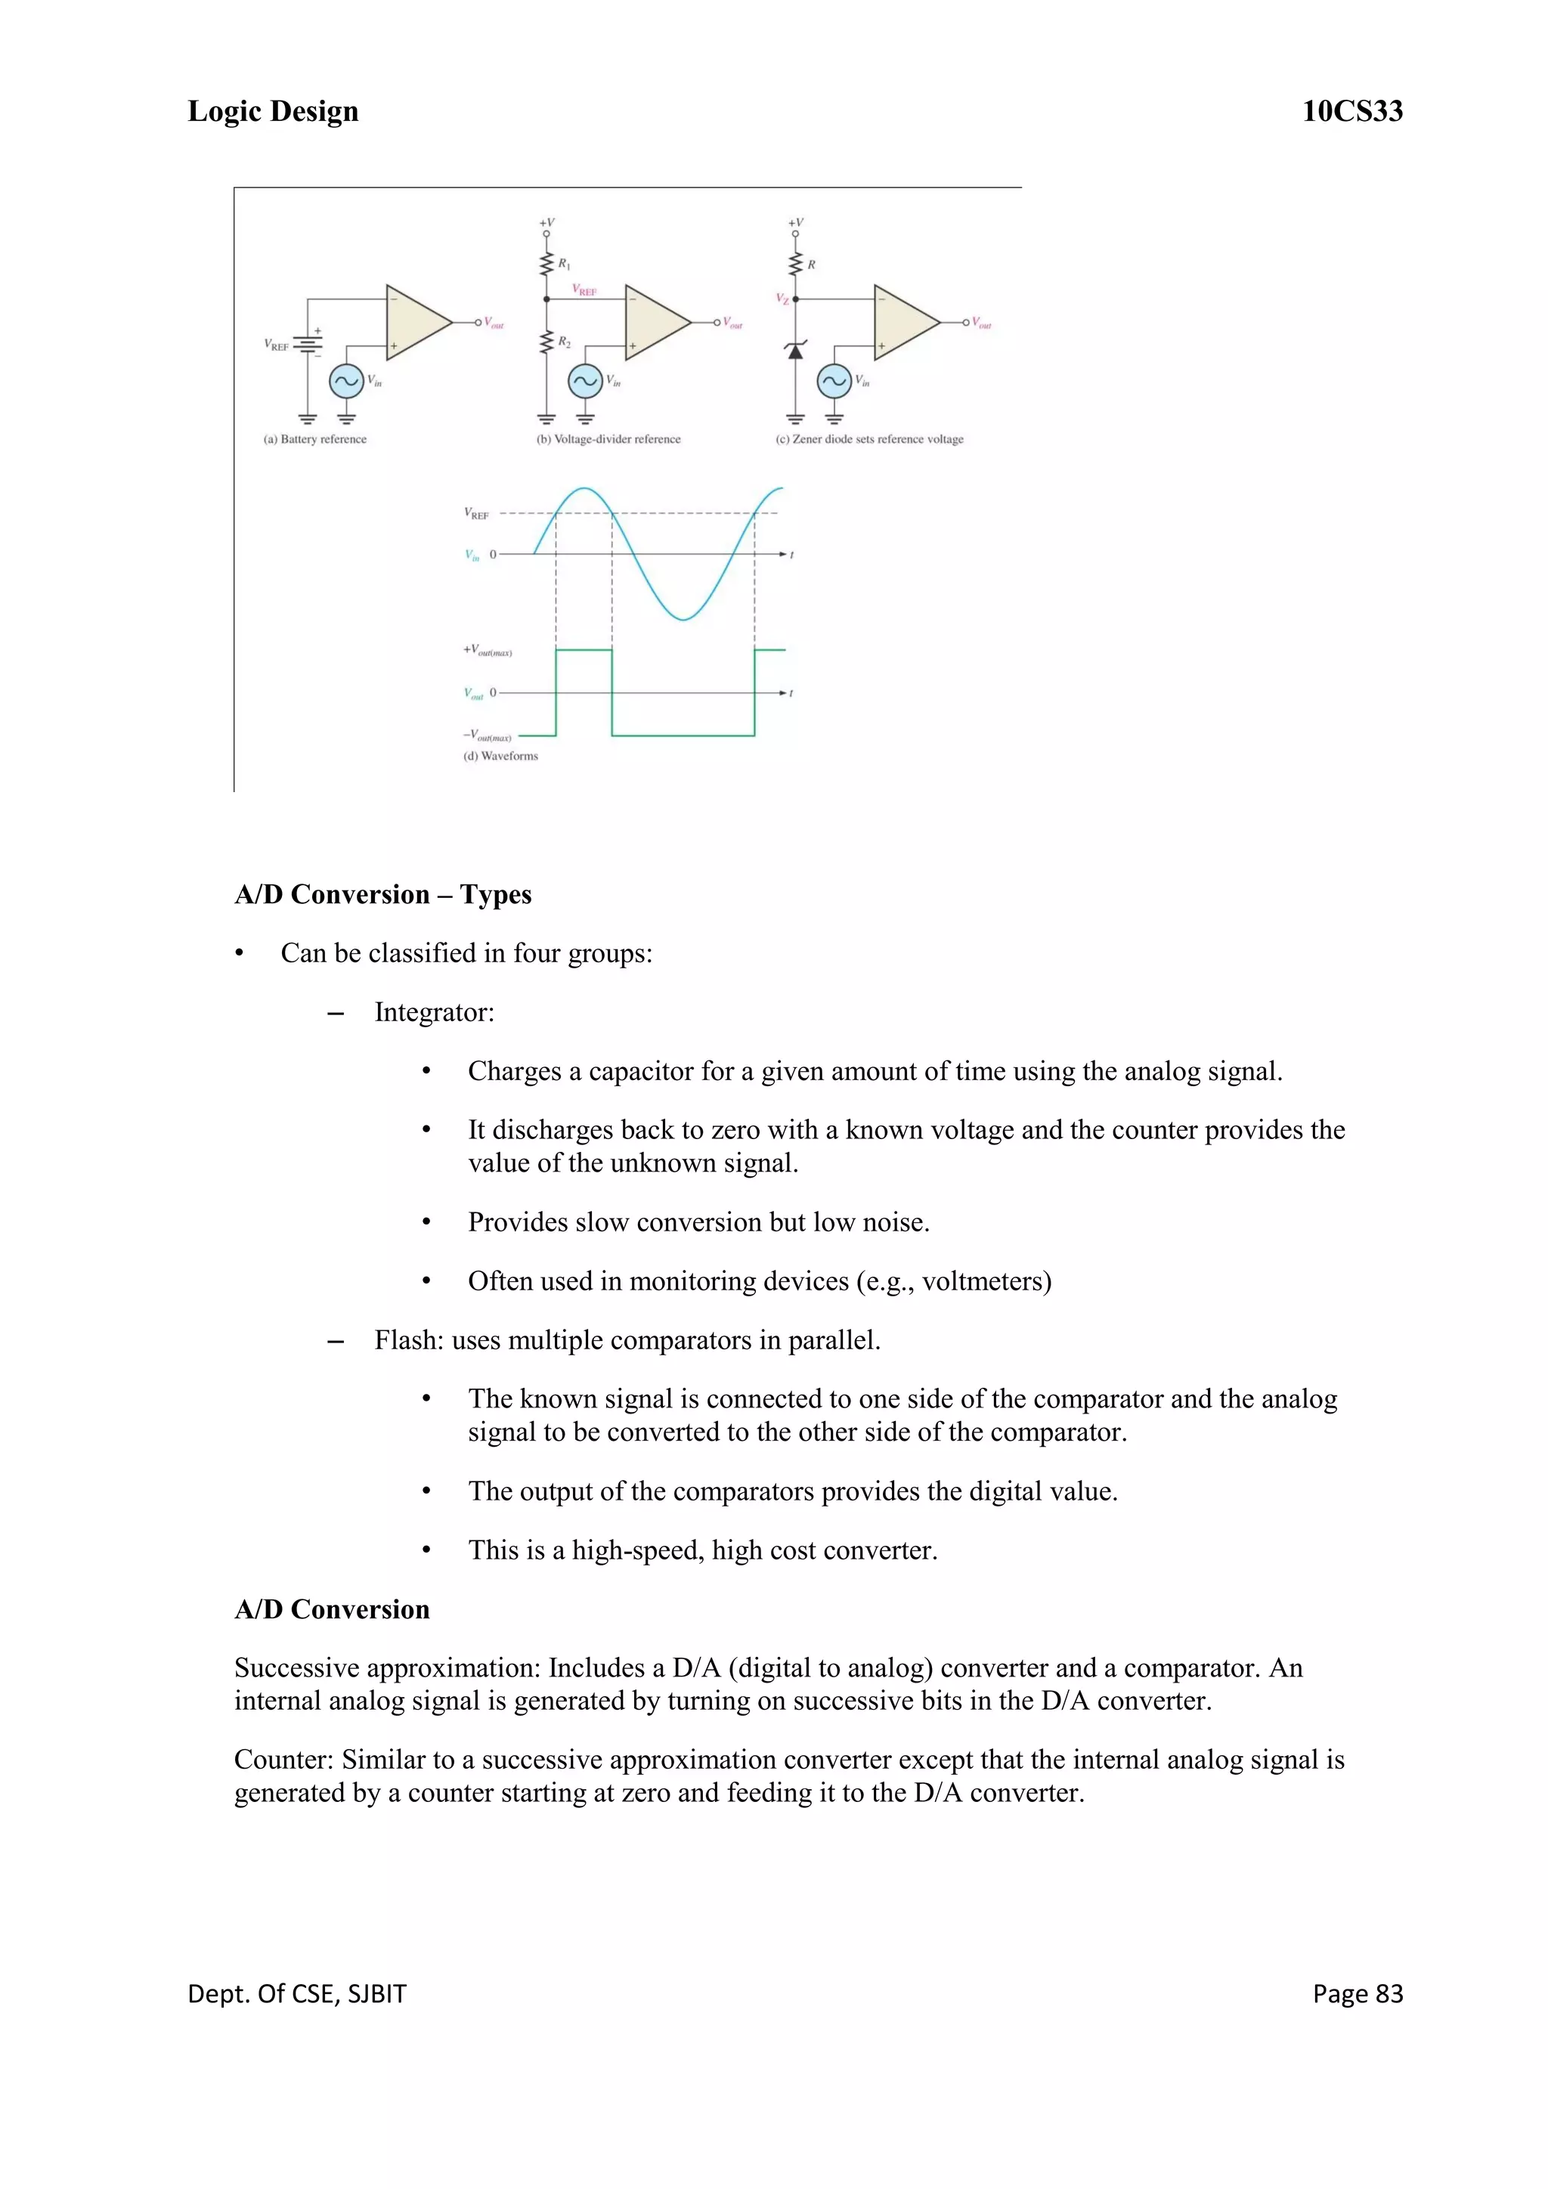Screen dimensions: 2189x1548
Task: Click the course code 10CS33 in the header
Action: [1351, 112]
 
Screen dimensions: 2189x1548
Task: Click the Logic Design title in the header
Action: [273, 112]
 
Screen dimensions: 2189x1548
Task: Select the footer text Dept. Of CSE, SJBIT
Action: [296, 1992]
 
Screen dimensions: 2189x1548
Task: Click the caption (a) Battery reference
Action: [314, 439]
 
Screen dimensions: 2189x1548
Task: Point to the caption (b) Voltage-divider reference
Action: [608, 439]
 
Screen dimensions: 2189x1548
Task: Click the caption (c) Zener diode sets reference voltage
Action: [868, 439]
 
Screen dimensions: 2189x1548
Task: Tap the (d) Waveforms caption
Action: [500, 756]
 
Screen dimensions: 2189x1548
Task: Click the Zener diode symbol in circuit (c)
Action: [795, 351]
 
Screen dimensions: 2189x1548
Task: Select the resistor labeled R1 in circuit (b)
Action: [546, 264]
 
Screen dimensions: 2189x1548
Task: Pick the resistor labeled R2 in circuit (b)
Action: [546, 342]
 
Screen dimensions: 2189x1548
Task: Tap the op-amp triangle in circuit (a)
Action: [415, 322]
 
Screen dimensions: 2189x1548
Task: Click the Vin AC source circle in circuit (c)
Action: [834, 382]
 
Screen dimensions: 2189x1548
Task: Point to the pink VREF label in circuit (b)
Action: [584, 289]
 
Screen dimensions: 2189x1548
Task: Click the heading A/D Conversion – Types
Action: [382, 894]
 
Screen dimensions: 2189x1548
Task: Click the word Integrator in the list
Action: [432, 1013]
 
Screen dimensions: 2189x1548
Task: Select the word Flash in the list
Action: [407, 1340]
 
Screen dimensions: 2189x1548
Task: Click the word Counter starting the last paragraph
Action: [281, 1760]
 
